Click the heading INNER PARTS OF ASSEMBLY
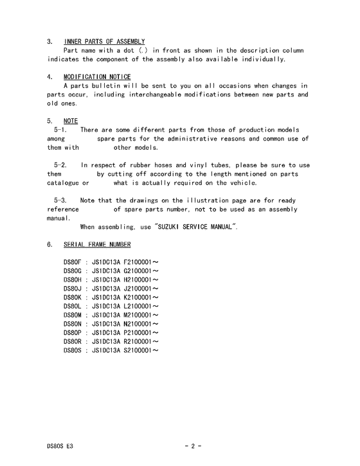(104, 41)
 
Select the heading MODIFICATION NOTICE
(97, 77)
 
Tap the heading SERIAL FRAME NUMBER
(97, 245)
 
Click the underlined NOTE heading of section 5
(71, 120)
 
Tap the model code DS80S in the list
(73, 350)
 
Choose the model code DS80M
(73, 315)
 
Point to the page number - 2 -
(193, 445)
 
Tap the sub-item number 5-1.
(61, 130)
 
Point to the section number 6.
(50, 245)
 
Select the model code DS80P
(73, 332)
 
